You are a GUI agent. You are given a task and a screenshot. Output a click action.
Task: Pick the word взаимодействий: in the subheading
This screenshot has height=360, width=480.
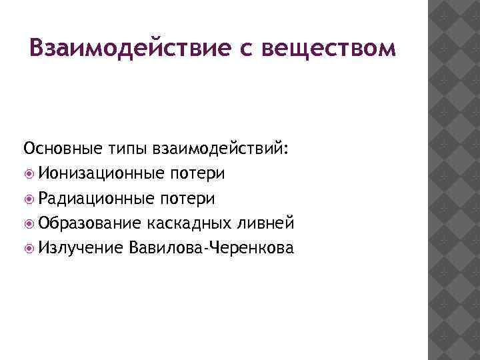(221, 148)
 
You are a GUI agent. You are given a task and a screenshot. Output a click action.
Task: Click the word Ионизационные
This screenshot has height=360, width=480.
(101, 173)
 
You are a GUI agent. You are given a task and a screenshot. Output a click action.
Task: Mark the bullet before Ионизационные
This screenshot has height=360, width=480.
(29, 174)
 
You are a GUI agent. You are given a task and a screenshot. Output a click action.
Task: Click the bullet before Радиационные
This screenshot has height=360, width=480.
(29, 199)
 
